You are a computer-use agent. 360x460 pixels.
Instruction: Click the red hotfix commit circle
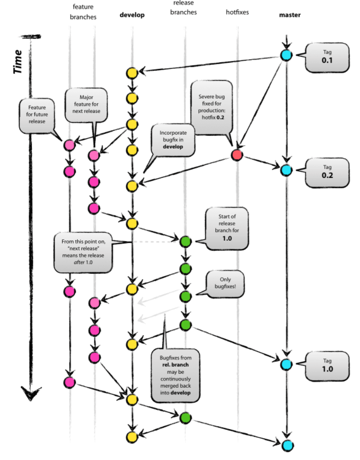[236, 155]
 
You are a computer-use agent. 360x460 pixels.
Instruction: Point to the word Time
[18, 61]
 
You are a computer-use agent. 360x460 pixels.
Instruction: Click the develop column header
[132, 15]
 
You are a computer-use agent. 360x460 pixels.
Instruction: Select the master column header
[290, 15]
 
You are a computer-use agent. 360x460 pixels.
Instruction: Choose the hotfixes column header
[237, 13]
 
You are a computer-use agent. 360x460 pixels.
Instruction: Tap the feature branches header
[83, 12]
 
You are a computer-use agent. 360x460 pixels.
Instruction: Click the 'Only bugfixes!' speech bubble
[224, 283]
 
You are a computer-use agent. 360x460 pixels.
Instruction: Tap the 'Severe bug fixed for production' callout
[212, 105]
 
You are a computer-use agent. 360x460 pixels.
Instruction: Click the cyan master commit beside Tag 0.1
[286, 55]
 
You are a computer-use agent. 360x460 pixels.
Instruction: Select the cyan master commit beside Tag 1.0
[286, 364]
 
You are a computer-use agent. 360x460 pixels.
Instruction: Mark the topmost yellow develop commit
[132, 73]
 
